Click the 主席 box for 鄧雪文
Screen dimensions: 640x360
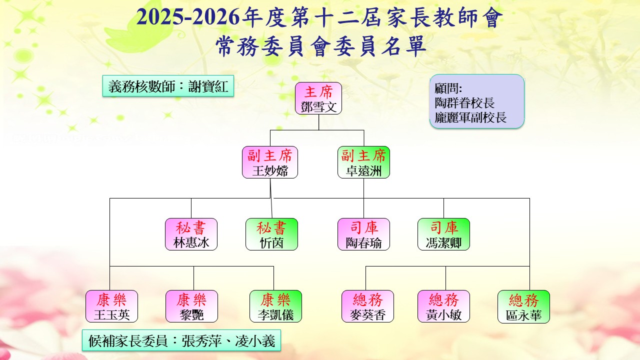pyautogui.click(x=318, y=98)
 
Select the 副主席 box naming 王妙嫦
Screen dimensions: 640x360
pyautogui.click(x=270, y=162)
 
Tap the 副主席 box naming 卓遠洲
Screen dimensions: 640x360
pyautogui.click(x=363, y=162)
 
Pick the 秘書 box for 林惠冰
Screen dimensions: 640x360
pyautogui.click(x=191, y=234)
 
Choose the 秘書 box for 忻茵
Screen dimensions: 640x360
pyautogui.click(x=271, y=234)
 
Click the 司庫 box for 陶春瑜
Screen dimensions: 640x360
pyautogui.click(x=363, y=234)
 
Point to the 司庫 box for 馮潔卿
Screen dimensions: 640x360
pyautogui.click(x=443, y=234)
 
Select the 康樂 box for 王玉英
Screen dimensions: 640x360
pyautogui.click(x=111, y=306)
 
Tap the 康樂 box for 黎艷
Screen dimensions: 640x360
pyautogui.click(x=191, y=306)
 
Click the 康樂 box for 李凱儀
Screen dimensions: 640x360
pyautogui.click(x=275, y=306)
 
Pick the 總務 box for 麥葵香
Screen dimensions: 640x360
pyautogui.click(x=367, y=306)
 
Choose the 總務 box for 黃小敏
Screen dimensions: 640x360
pyautogui.click(x=443, y=306)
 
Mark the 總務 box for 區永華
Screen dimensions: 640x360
pyautogui.click(x=523, y=307)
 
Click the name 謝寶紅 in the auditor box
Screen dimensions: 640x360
pyautogui.click(x=208, y=86)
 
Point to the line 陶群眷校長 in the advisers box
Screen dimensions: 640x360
pyautogui.click(x=464, y=103)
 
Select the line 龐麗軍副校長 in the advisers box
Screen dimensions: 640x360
pyautogui.click(x=470, y=117)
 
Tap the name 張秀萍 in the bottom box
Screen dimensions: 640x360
pyautogui.click(x=201, y=341)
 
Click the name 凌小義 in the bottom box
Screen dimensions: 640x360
pyautogui.click(x=255, y=341)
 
